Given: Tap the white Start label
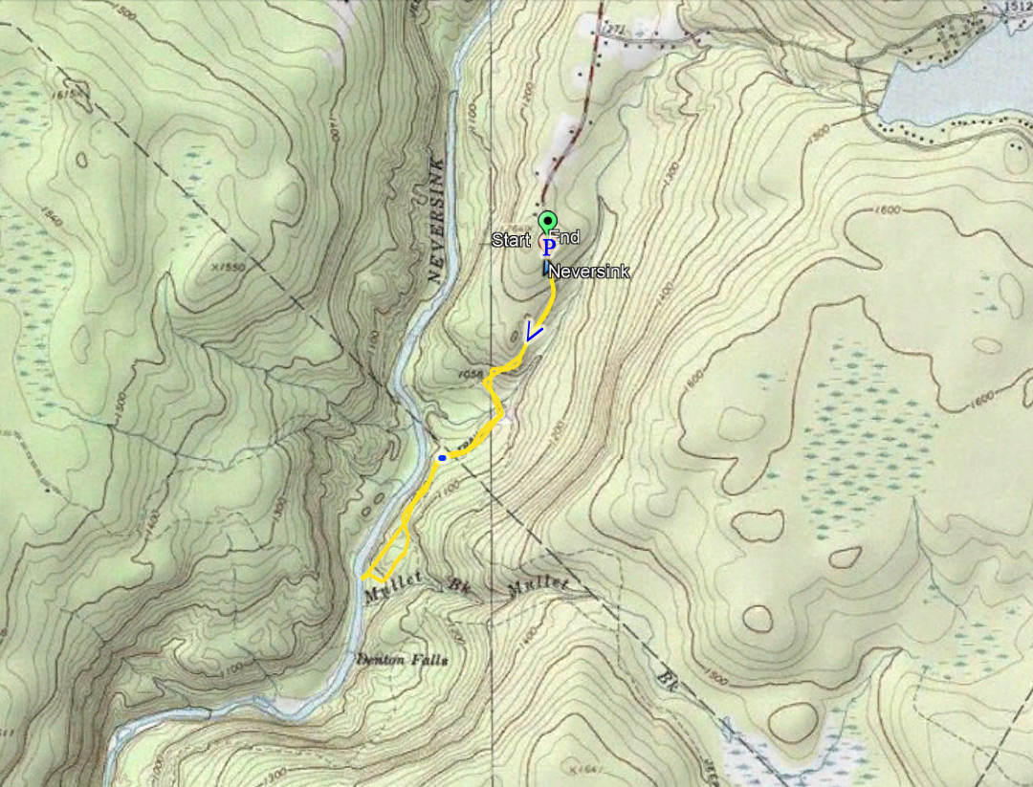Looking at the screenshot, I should click(x=511, y=240).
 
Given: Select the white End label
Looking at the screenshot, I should click(x=565, y=237).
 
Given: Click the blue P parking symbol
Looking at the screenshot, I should click(x=548, y=248).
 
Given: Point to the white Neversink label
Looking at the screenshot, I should click(x=589, y=273).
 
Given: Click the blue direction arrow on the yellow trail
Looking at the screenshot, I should click(x=534, y=333).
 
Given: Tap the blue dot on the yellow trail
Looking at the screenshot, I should click(x=441, y=459).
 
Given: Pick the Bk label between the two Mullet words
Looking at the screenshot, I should click(x=455, y=583).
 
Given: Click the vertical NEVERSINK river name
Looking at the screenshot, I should click(x=438, y=220).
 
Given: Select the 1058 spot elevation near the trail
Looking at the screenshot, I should click(x=468, y=374).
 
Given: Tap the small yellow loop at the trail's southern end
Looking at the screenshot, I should click(x=388, y=559).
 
